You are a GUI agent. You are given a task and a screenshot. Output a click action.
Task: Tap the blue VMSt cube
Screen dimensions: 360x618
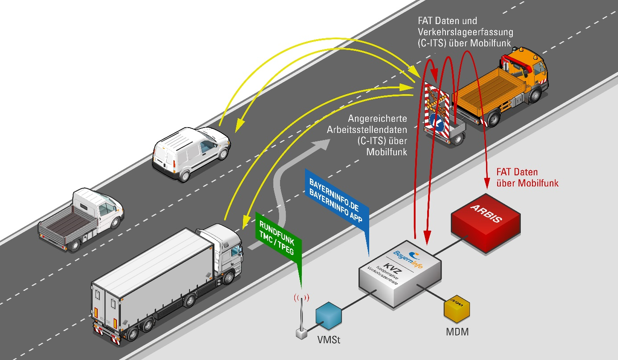(329, 315)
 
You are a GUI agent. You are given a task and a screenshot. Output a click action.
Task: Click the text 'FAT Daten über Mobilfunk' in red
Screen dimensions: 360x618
(527, 177)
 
